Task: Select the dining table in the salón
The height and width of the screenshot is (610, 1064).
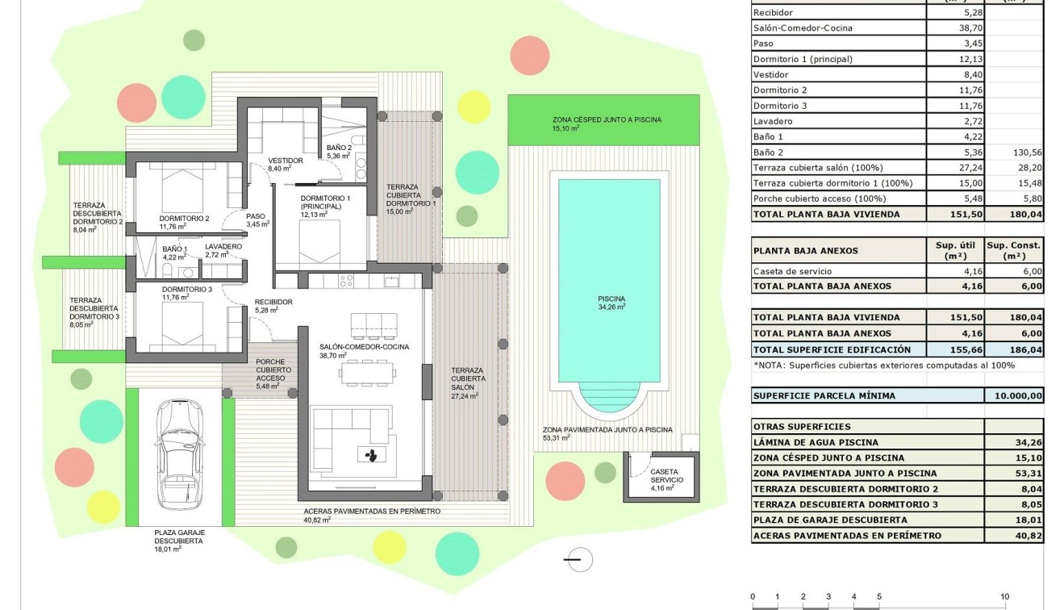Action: point(368,372)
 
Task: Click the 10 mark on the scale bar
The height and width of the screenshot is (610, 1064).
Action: point(1004,597)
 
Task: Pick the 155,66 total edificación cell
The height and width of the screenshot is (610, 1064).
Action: point(956,349)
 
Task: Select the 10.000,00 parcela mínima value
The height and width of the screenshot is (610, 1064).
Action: point(1014,396)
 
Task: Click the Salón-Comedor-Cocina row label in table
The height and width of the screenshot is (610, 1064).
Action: point(802,28)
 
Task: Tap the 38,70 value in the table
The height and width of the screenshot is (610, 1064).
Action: point(956,28)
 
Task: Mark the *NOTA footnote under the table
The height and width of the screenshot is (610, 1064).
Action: point(883,366)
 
